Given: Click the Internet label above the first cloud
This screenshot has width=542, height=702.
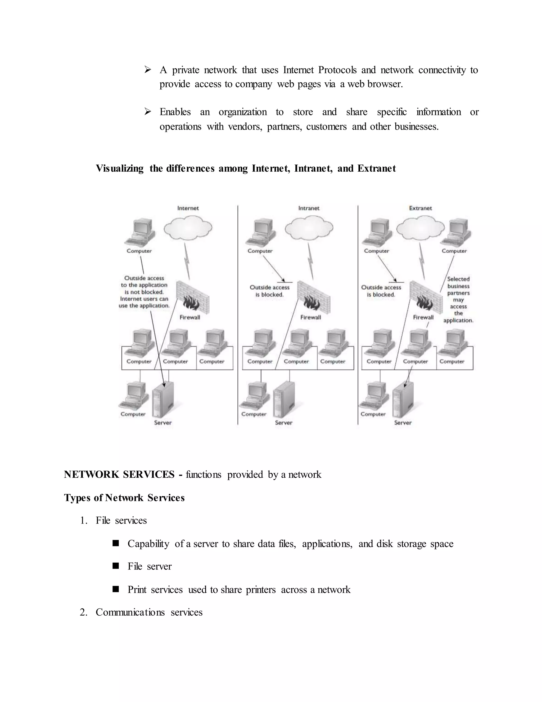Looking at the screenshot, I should coord(188,208).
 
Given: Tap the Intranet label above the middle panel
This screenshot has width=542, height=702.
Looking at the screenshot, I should coord(309,208).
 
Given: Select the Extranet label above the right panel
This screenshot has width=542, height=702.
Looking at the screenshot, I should coord(420,208).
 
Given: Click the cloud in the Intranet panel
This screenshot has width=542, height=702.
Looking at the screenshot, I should coord(309,228).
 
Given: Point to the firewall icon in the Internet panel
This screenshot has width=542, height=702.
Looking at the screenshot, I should coord(193,297).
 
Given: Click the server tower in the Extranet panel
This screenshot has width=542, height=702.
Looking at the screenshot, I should coord(403,400).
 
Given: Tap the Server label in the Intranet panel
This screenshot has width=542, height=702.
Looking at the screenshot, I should coord(283,423).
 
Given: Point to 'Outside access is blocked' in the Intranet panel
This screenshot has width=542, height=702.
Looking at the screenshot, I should coord(270,291).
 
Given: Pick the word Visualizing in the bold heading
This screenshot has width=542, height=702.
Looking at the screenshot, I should coord(119,168).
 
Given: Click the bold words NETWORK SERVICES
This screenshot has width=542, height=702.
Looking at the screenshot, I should coord(119,474).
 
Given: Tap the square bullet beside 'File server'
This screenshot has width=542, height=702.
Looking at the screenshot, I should coord(116,566).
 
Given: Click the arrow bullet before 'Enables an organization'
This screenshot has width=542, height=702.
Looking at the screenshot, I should coord(147,112).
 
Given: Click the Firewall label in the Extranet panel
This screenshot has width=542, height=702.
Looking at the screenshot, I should coord(423,317).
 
